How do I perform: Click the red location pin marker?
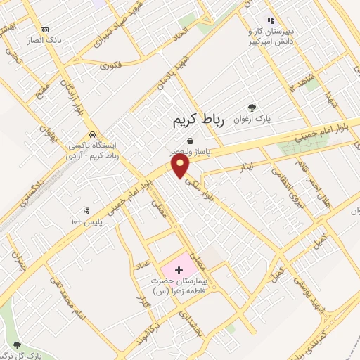(x=181, y=166)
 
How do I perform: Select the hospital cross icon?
(x=178, y=269)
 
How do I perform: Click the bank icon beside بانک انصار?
(x=45, y=30)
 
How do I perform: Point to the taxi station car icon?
(x=92, y=134)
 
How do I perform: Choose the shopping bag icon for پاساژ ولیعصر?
(x=190, y=141)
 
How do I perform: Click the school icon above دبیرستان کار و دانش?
(x=270, y=20)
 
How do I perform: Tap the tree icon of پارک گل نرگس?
(x=17, y=345)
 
